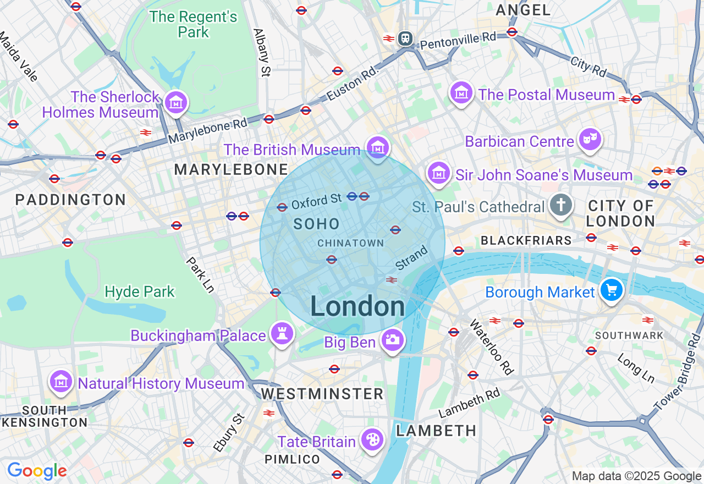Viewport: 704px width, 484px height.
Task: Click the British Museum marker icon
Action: (x=377, y=147)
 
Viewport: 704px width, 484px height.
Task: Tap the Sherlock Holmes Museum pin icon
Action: (x=176, y=102)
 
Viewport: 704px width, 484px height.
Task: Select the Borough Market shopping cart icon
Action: (x=611, y=289)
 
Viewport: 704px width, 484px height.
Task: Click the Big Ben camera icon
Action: (x=392, y=340)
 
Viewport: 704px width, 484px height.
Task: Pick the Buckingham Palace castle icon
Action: (x=282, y=333)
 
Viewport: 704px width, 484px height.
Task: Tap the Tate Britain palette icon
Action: (x=372, y=439)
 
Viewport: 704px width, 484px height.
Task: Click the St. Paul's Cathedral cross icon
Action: (x=560, y=205)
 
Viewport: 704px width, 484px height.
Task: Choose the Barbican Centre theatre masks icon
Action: (x=590, y=139)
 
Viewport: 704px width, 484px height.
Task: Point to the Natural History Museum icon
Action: (x=61, y=381)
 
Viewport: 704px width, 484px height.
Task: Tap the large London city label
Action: (x=358, y=306)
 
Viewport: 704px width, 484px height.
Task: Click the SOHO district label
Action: (x=316, y=224)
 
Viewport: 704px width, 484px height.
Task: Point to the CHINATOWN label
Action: (x=350, y=243)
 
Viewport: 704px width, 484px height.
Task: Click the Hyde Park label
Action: (x=140, y=291)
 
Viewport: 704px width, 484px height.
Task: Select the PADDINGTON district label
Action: (x=71, y=200)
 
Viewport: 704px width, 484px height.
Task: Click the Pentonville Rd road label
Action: (x=458, y=41)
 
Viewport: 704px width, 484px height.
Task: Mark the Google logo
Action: (x=37, y=471)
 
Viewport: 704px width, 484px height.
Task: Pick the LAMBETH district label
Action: (x=436, y=431)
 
